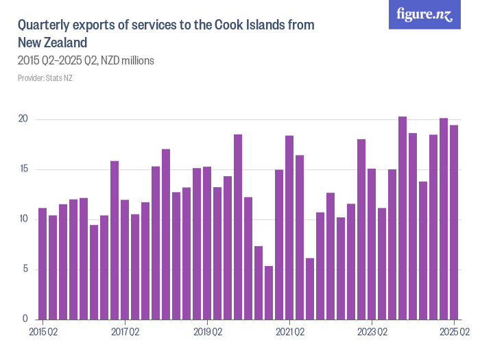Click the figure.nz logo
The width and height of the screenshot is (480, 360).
424,14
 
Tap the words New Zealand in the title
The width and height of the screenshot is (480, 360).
52,43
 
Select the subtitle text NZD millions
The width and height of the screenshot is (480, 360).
128,60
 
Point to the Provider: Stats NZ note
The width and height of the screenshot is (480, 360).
45,78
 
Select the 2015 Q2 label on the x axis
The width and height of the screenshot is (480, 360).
43,333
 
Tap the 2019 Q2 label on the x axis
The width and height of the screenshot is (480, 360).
207,333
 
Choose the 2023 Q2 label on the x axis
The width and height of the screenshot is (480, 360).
372,333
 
